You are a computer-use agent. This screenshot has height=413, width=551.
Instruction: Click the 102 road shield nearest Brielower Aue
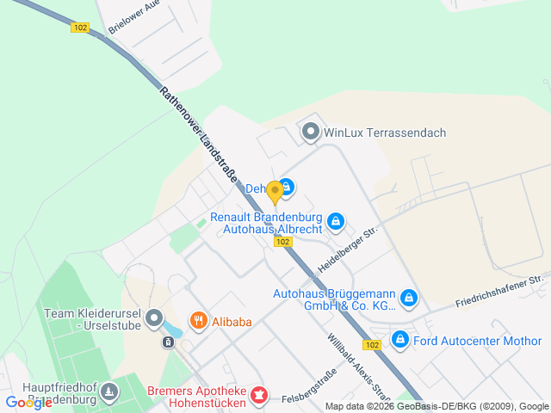click(80, 28)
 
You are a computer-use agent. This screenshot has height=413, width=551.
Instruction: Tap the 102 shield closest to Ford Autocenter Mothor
click(372, 345)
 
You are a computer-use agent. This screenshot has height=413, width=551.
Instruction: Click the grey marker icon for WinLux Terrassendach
click(310, 133)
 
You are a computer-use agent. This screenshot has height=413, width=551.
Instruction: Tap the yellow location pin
click(275, 192)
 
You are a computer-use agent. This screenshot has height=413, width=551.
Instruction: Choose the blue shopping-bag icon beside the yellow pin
click(287, 187)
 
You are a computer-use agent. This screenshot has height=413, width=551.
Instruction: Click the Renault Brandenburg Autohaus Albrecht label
click(267, 224)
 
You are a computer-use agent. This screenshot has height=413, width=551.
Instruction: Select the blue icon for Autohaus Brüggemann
click(410, 299)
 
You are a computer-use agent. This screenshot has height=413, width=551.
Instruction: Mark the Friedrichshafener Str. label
click(503, 291)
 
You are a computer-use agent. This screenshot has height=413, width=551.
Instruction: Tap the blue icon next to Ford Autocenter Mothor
click(400, 340)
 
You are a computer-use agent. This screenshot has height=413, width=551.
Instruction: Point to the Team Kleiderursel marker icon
click(154, 319)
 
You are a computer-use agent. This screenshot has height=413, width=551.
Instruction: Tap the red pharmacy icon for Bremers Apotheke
click(257, 396)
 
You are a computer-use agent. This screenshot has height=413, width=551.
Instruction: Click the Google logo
click(28, 402)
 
